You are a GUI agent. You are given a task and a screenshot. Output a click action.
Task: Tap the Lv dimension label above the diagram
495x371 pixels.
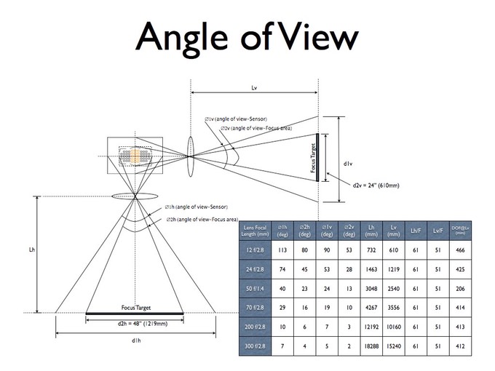point(254,87)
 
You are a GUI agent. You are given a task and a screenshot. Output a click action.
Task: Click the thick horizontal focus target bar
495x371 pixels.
point(135,314)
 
